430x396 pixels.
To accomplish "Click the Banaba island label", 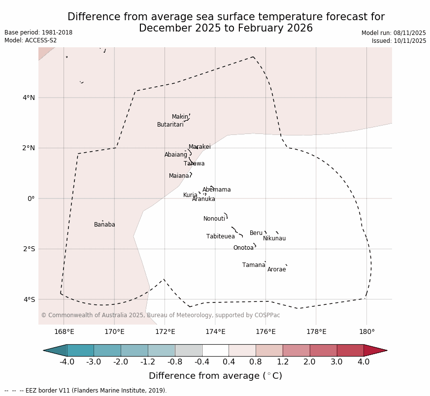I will coord(104,225).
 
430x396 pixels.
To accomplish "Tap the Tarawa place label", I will coord(194,164).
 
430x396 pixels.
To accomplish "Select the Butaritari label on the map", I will coord(170,125).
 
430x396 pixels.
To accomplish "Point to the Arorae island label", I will coord(276,269).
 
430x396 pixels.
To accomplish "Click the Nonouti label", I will coord(214,219).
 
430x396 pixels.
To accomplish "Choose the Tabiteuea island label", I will coord(220,236).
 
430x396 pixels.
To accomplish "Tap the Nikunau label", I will coord(274,238).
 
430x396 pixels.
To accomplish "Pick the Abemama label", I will coord(216,190).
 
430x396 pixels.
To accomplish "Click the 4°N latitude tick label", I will coord(29,98).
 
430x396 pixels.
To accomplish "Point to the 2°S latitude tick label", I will coord(29,249).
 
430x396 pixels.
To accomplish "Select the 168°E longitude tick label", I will coord(64,331).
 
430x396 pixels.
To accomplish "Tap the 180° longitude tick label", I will coord(366,331).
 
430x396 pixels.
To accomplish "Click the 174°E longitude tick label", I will coord(215,331).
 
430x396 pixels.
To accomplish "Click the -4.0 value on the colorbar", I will coord(67,362).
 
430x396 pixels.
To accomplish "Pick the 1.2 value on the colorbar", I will coord(283,362).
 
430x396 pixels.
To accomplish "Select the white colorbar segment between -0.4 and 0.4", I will coord(215,350).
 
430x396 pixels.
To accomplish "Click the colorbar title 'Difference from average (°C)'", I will coord(215,376).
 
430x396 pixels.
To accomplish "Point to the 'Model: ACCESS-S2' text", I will coord(31,40).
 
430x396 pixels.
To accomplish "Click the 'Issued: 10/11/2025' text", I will coord(399,41).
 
